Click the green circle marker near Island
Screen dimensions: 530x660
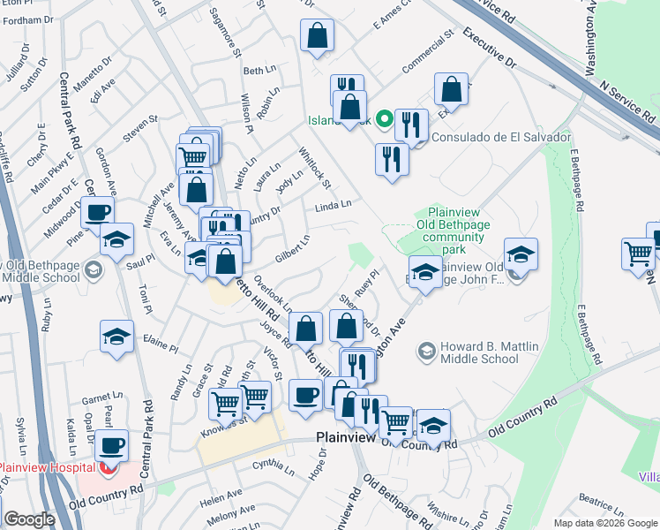(x=385, y=117)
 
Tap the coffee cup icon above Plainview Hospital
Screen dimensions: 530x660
(x=112, y=446)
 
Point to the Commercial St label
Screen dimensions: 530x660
(x=427, y=51)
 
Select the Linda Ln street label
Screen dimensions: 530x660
(x=334, y=206)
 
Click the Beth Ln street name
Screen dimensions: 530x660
(x=259, y=71)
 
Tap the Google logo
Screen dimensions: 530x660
(x=29, y=519)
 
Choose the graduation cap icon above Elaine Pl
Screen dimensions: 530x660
(x=116, y=336)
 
